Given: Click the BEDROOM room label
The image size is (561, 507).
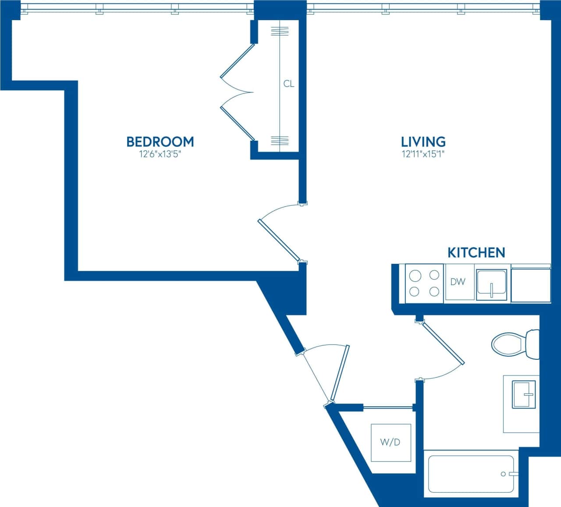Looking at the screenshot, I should coord(160,142).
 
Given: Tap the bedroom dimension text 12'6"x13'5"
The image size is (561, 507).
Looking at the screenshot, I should coord(160,154).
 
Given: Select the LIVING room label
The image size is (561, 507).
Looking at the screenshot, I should coord(423,142).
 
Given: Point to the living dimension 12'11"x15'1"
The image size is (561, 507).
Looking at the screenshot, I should coord(423,154).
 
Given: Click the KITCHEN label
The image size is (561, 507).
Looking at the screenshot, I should coord(476,252).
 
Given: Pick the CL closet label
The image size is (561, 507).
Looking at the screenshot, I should coord(289,84).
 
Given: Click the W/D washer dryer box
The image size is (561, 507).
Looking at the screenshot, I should coord(391,442).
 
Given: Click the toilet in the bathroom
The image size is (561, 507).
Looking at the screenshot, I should coord(513,344).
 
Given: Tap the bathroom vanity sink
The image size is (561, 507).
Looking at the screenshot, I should coord(524,394).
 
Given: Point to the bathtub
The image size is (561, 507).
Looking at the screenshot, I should coord(471,474).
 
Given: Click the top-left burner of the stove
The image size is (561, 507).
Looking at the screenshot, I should coord(415,276).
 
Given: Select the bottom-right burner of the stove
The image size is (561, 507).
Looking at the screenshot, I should coord(434,291).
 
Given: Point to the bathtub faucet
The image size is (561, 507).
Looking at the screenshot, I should coord(508,474).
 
